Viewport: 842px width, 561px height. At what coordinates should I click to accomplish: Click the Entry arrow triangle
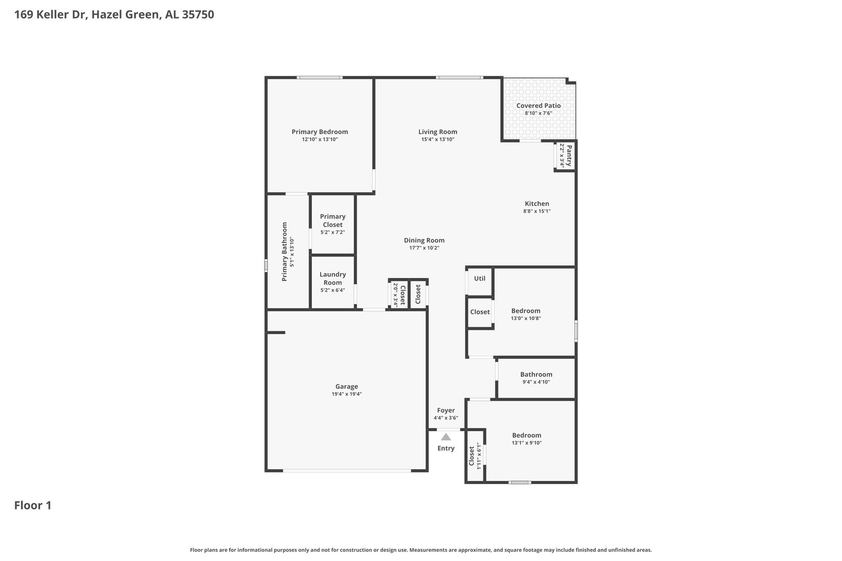pos(446,437)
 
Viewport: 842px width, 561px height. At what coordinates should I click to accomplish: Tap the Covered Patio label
pos(538,105)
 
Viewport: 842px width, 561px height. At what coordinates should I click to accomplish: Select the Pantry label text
pos(569,155)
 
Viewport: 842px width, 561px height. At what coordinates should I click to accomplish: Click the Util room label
pos(480,278)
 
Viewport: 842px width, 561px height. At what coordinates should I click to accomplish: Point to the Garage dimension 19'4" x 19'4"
pos(347,394)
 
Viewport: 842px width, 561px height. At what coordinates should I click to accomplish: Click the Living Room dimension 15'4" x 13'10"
pos(438,139)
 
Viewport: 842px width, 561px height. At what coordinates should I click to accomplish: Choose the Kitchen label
pos(537,204)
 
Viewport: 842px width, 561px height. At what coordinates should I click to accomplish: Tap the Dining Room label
pos(424,240)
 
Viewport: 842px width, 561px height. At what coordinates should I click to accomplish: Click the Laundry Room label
pos(333,278)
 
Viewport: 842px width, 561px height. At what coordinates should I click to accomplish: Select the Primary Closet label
pos(333,221)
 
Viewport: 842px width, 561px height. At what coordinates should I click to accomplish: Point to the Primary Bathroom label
pos(284,252)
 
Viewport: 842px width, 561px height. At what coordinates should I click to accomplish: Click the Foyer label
pos(446,410)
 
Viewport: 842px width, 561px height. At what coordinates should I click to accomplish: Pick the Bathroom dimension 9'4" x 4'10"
pos(536,382)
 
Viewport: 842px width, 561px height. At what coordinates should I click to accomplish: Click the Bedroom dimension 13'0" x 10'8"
pos(525,318)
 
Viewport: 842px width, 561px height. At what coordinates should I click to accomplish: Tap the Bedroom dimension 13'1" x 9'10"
pos(527,443)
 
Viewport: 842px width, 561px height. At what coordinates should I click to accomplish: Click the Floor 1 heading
pos(33,505)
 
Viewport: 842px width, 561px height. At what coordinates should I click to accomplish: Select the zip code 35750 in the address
pos(198,14)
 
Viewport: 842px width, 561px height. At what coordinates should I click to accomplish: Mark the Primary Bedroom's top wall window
pos(320,77)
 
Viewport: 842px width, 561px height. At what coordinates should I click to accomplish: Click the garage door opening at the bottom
pos(347,471)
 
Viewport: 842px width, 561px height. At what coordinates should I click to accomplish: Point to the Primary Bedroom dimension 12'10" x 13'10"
pos(320,139)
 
